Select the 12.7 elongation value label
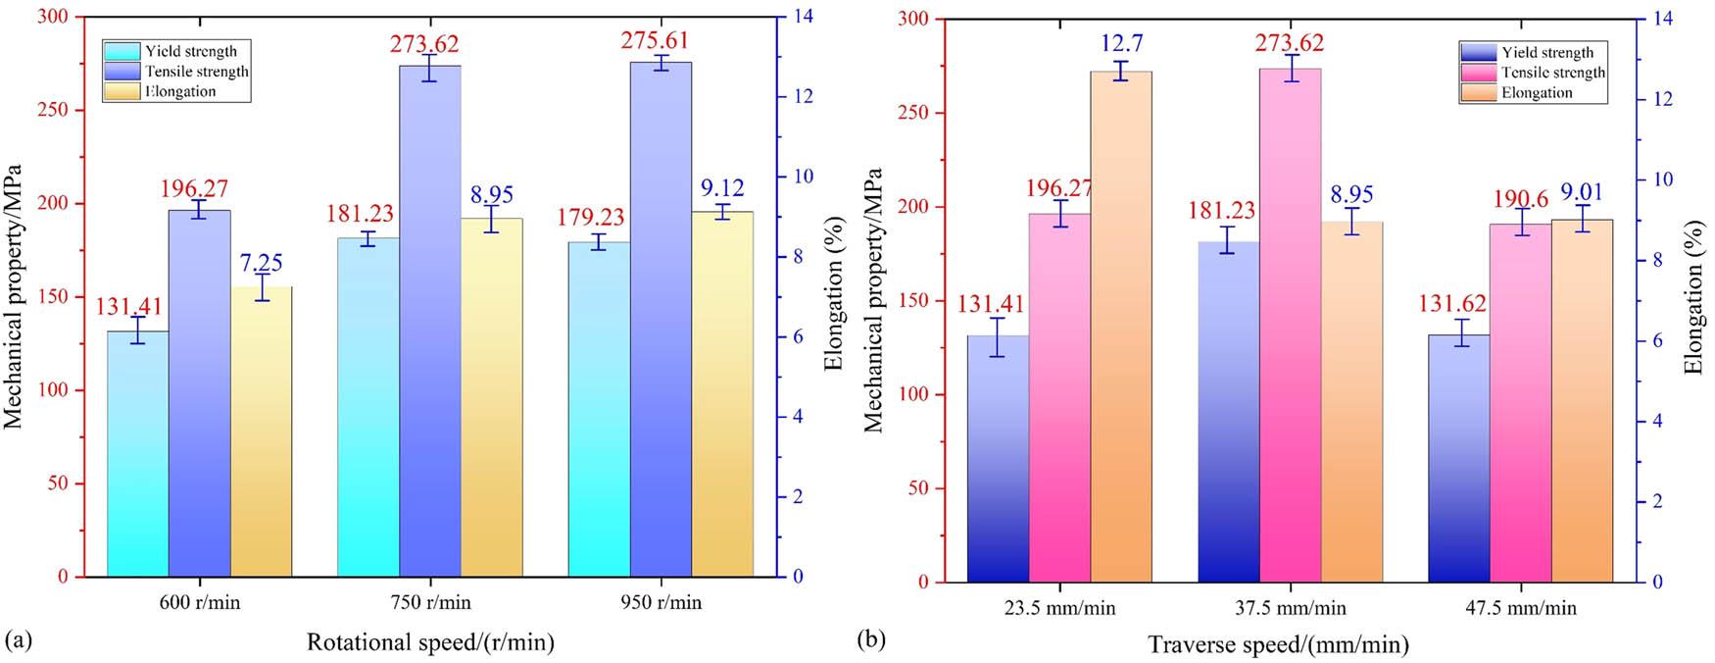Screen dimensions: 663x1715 [x=1121, y=44]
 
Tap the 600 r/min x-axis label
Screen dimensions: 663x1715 [x=199, y=602]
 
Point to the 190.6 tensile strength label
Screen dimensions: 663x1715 [x=1520, y=199]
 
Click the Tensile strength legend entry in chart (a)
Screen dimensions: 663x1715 [x=196, y=72]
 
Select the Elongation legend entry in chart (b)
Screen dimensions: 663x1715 [x=1536, y=93]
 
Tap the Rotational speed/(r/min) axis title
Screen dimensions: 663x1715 [x=430, y=642]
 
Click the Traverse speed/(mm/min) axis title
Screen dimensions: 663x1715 [x=1279, y=644]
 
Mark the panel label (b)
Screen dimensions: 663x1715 [x=871, y=640]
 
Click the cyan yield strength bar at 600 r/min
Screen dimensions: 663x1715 [x=137, y=456]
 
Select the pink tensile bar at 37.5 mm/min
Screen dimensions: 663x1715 [x=1290, y=333]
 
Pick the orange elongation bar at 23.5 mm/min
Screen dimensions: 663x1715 [x=1121, y=333]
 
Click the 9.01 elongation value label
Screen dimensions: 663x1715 [x=1582, y=194]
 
